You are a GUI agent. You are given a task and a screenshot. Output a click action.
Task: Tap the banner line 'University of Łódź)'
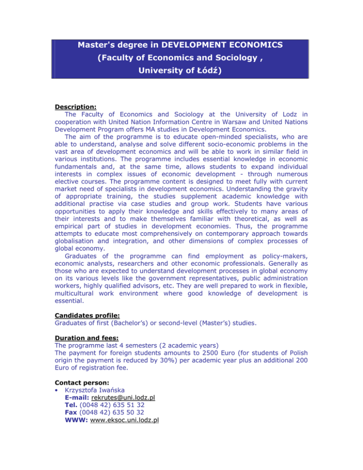click(x=181, y=73)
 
